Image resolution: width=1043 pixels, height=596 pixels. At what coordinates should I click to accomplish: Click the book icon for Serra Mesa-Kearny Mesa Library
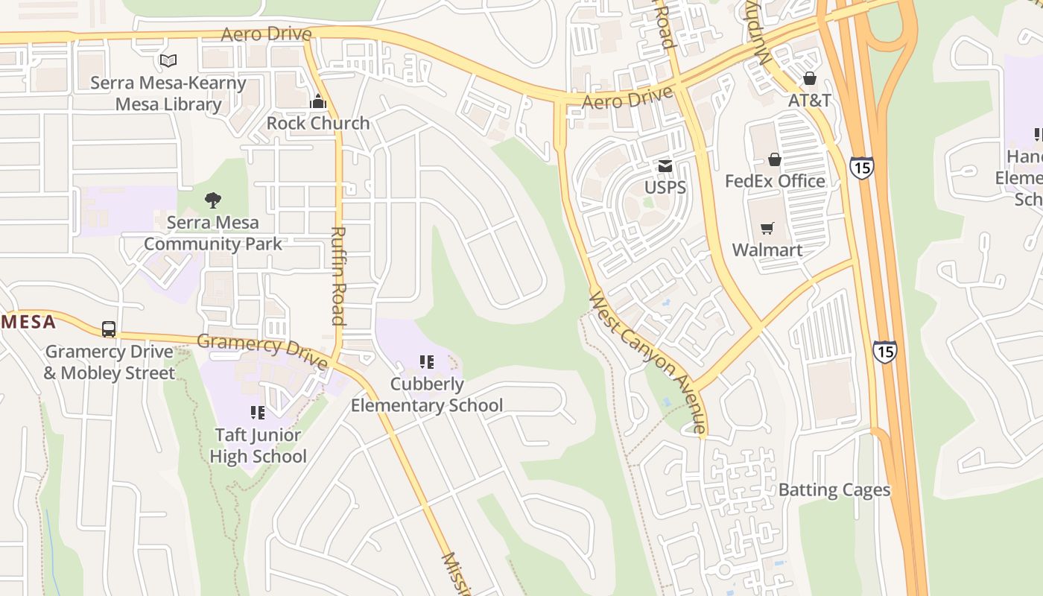coord(168,60)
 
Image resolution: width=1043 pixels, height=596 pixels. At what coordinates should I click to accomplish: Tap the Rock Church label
coord(318,123)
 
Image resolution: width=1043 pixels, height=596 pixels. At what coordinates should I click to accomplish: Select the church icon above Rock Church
coord(318,101)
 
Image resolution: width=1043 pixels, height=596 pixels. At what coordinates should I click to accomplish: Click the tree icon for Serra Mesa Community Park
coord(213,200)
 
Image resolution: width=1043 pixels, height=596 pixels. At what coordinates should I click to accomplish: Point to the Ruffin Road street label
coord(338,276)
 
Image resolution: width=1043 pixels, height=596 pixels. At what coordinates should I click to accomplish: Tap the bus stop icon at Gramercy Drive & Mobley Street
coord(109,329)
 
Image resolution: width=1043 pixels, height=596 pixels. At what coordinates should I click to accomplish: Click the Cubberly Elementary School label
coord(427,395)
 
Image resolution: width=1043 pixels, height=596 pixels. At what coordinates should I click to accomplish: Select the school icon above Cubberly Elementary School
coord(427,363)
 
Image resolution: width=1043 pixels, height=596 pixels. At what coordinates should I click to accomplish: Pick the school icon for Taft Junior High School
coord(258,413)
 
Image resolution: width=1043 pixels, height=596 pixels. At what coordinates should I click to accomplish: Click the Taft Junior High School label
coord(258,446)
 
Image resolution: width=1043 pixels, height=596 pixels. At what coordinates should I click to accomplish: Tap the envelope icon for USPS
coord(665,165)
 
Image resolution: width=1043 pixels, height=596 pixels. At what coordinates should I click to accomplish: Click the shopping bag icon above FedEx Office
coord(775,159)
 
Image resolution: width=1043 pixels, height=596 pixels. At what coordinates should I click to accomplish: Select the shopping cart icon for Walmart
coord(767,228)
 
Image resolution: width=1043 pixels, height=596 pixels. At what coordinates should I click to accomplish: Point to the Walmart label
coord(767,250)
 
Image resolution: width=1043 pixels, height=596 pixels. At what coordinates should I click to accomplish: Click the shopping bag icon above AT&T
coord(810,78)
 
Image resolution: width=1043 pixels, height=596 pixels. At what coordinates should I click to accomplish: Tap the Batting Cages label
coord(834,490)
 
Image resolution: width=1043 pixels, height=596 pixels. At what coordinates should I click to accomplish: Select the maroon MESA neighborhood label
coord(28,322)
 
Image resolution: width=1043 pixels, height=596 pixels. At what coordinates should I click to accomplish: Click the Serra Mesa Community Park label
coord(213,233)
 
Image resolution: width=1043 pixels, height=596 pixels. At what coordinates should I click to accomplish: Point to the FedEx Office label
coord(775,181)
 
